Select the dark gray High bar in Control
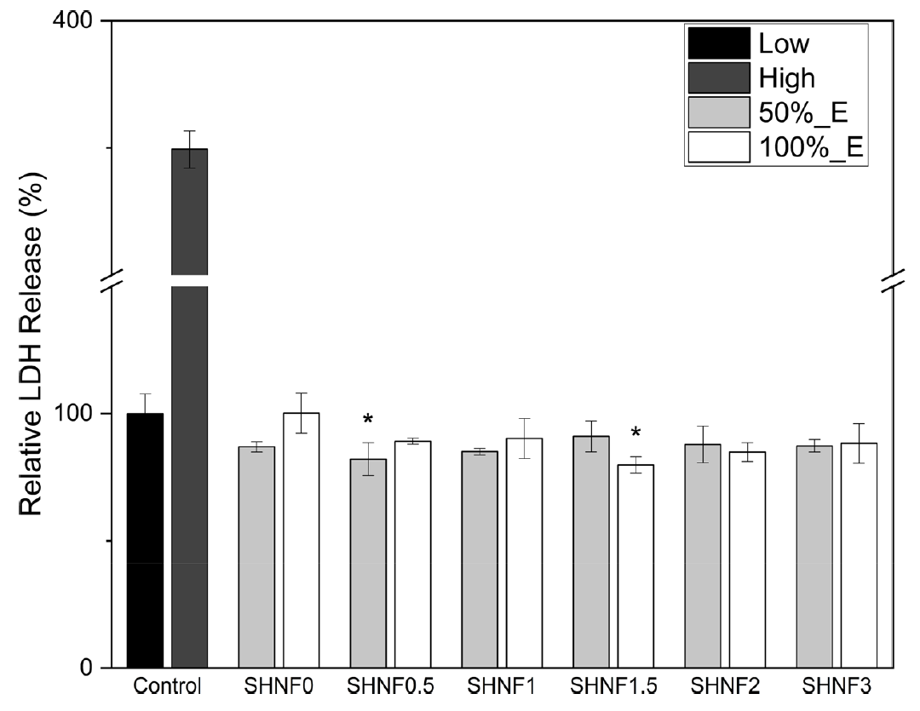[x=189, y=477]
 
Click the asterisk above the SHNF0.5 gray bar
[x=368, y=420]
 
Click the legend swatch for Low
[x=718, y=43]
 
